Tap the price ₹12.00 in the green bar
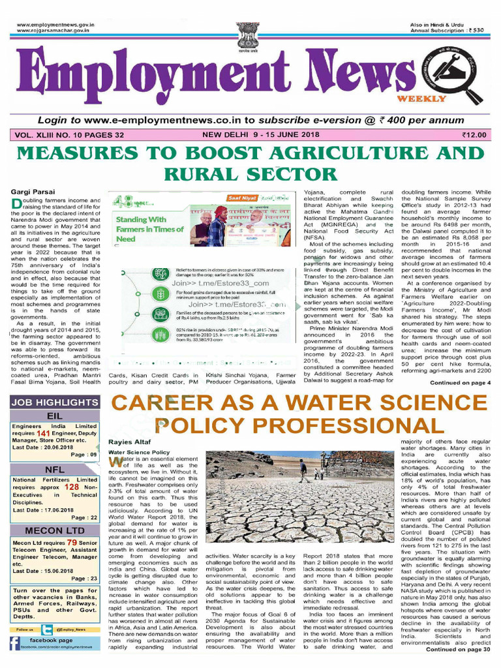(x=474, y=134)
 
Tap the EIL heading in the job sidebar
(x=54, y=415)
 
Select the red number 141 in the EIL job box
(x=44, y=433)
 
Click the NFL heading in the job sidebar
(x=54, y=470)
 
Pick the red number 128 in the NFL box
(x=71, y=487)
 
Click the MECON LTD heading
(x=54, y=531)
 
